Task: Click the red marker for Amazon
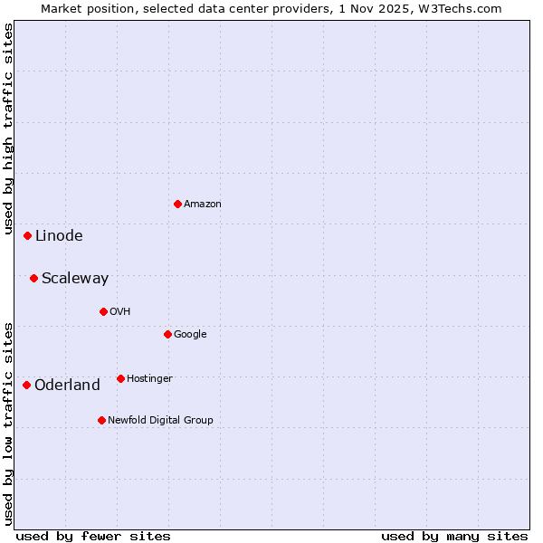177,204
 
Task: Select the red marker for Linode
27,235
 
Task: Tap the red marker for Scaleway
33,278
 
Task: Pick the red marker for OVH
103,311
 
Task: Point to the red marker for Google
167,334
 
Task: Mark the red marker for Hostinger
120,378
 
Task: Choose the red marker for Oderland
26,385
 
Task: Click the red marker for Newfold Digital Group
101,420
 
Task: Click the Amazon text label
203,205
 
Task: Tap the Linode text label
59,236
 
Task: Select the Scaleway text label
75,279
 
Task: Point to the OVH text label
120,312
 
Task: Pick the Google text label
190,335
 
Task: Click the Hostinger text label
149,379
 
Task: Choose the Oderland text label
67,386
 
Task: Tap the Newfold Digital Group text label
160,421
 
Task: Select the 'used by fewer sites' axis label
93,536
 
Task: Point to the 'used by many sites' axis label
454,536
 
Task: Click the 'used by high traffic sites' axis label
9,132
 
